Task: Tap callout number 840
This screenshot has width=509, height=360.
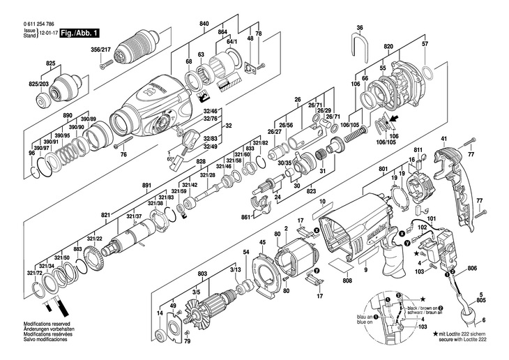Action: [x=204, y=24]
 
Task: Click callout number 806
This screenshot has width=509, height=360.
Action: [x=472, y=269]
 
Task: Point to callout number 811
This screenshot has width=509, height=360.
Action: [x=418, y=151]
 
